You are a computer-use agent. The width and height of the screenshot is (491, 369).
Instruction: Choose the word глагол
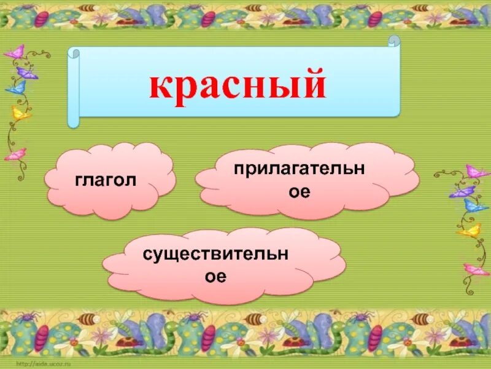tap(106, 180)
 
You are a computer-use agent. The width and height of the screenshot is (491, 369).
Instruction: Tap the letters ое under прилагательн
tap(300, 191)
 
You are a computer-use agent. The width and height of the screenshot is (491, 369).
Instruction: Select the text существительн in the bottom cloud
tap(215, 252)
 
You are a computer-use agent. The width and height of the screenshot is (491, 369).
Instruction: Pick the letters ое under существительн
tap(215, 276)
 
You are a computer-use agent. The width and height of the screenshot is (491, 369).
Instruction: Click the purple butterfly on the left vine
tap(27, 73)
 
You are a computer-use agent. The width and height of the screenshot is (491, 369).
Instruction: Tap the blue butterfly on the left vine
tap(17, 88)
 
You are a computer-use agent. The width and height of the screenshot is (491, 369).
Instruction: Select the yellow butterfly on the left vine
tap(21, 113)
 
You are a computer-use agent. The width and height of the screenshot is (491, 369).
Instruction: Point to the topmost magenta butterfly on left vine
tap(14, 51)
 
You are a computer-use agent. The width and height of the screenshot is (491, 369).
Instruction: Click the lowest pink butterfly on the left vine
tap(17, 154)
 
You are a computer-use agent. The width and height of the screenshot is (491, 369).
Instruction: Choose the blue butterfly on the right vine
tap(475, 205)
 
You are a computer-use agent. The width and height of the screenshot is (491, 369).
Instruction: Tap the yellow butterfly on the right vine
tap(470, 231)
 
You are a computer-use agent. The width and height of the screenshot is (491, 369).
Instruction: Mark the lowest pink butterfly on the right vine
tap(476, 269)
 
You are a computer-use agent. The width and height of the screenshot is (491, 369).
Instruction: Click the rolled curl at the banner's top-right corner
tap(393, 42)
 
